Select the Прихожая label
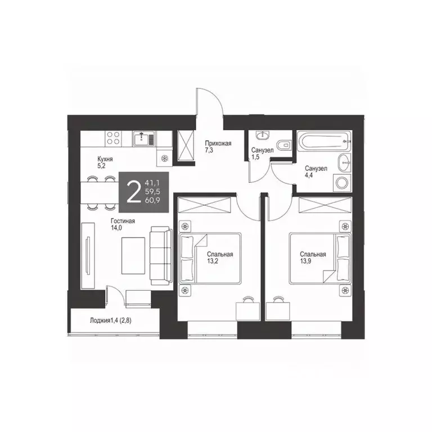(x=218, y=144)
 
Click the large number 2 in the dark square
(x=133, y=192)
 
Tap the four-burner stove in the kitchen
(x=113, y=138)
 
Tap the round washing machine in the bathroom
(x=341, y=182)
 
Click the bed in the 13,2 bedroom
(x=210, y=259)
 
